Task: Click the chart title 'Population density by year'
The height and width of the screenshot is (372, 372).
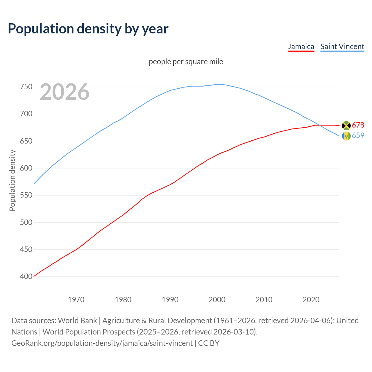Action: [88, 28]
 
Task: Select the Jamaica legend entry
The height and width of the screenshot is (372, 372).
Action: [301, 46]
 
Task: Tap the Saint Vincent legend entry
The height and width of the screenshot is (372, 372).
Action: [342, 46]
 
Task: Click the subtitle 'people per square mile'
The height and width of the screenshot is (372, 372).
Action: [186, 62]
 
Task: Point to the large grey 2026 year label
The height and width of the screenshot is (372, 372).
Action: [65, 92]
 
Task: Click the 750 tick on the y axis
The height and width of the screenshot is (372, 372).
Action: [26, 87]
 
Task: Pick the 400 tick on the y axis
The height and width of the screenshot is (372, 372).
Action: [26, 277]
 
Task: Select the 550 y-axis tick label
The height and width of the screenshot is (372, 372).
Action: [26, 195]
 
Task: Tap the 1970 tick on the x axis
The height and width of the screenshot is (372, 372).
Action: [76, 300]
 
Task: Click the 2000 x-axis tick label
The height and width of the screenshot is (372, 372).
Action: [217, 300]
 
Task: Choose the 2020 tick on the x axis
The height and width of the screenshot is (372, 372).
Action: [311, 300]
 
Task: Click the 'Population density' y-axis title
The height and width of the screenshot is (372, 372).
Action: [12, 180]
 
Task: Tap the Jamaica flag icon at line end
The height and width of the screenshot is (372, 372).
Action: [346, 126]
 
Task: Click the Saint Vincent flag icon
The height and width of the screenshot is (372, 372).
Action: [346, 136]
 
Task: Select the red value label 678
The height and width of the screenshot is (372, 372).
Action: [358, 125]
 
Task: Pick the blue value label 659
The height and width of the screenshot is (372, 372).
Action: [358, 135]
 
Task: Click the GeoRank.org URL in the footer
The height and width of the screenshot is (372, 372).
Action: [102, 343]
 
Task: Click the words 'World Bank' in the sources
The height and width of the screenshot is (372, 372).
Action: [77, 321]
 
